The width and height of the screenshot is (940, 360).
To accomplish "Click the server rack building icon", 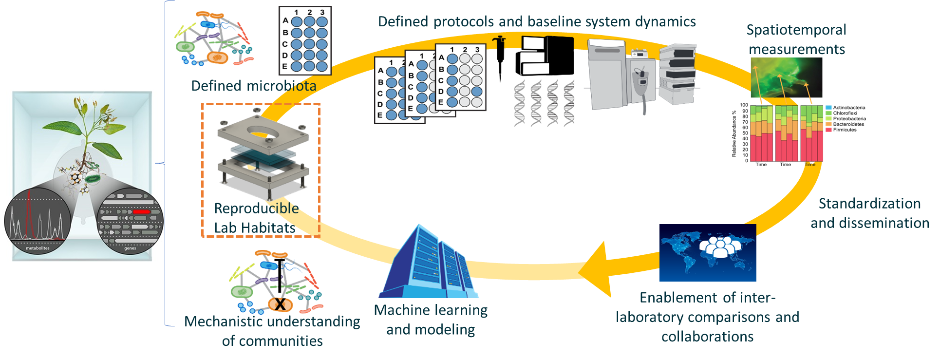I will click(x=429, y=263).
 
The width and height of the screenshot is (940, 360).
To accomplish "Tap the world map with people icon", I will click(x=708, y=252).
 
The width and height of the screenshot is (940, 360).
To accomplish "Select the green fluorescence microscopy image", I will click(x=786, y=78).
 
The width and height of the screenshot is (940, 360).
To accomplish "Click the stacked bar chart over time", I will click(x=786, y=133).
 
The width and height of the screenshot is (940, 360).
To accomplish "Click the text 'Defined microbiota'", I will click(x=253, y=86).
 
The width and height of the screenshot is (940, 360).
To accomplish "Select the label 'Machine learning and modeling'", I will click(x=431, y=320).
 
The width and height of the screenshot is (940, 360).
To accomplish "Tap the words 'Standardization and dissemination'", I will click(x=870, y=213).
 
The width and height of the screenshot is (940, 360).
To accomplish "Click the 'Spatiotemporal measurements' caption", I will click(x=796, y=39).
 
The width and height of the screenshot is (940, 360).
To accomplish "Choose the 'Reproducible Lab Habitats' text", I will click(x=256, y=218).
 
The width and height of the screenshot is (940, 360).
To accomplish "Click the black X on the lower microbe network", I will click(x=281, y=305).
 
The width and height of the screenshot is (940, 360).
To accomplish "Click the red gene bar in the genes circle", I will click(x=141, y=212).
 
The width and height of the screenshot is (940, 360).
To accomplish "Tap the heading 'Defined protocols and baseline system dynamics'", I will click(x=537, y=22).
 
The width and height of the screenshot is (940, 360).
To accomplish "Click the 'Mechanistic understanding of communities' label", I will click(x=272, y=331).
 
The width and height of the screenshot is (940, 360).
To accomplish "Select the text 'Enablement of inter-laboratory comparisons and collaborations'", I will click(x=707, y=317).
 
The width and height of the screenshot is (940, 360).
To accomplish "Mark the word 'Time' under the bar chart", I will click(x=810, y=165).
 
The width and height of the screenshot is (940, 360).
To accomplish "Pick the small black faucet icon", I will click(x=500, y=42).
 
